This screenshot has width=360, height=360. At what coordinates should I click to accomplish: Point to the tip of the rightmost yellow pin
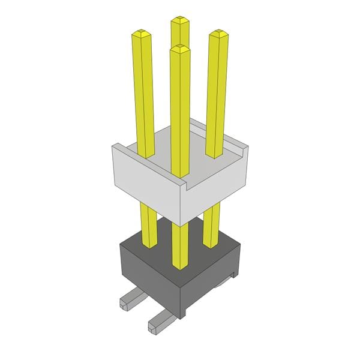coord(219,33)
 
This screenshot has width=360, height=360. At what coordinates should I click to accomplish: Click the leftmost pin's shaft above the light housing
coord(142,90)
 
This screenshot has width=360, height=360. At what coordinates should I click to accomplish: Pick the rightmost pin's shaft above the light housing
coord(217,90)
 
